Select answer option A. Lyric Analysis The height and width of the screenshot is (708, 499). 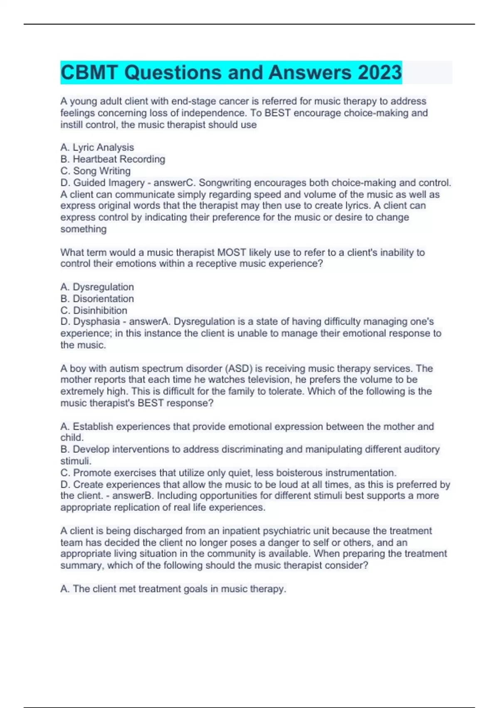tap(97, 147)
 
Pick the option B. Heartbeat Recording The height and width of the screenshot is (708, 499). tap(113, 159)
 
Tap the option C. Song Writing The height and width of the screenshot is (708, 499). tap(96, 171)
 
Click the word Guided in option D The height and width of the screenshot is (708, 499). tap(89, 183)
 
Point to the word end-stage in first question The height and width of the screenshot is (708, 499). tap(193, 101)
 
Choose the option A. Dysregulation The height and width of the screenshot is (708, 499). tap(97, 287)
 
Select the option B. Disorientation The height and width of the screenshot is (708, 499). tap(97, 299)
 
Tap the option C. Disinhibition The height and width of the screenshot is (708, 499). tap(94, 310)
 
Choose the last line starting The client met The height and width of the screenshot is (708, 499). tap(173, 589)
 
